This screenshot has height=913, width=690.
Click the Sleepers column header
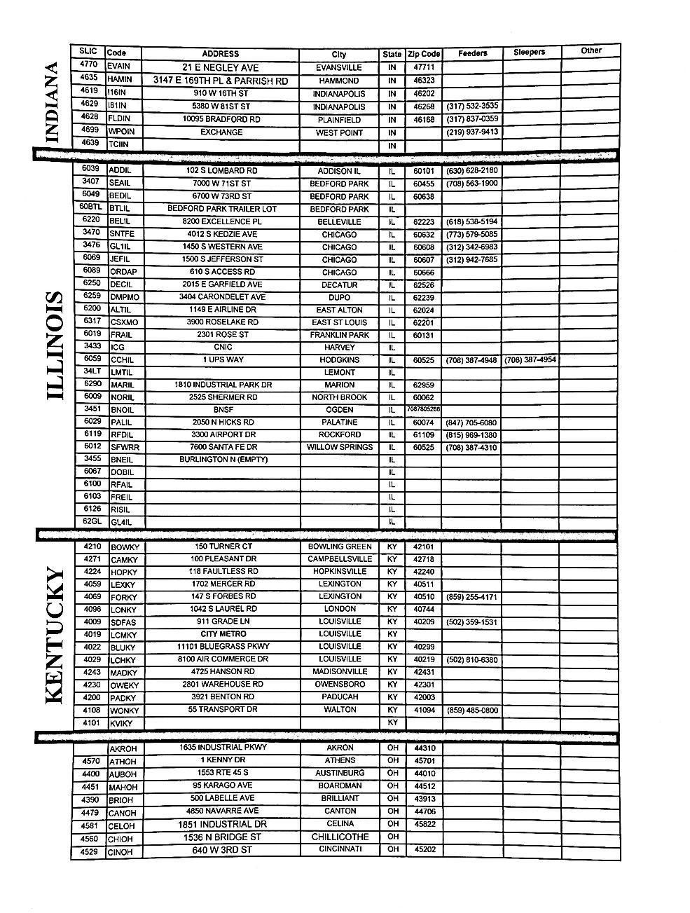click(x=529, y=53)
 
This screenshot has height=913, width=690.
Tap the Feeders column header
click(x=473, y=53)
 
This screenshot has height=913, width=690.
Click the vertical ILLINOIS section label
click(x=55, y=346)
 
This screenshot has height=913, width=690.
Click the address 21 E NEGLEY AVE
click(x=221, y=67)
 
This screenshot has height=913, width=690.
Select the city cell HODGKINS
click(x=340, y=359)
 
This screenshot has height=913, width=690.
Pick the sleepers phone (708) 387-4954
click(x=530, y=359)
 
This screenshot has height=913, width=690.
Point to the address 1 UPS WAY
click(x=221, y=359)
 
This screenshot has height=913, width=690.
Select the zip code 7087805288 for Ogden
click(x=424, y=409)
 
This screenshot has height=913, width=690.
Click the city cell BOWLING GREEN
click(x=340, y=547)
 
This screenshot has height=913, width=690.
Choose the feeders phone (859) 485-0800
click(x=472, y=711)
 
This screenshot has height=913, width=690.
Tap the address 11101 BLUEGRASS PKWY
click(x=221, y=647)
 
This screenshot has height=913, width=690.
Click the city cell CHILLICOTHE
click(x=340, y=837)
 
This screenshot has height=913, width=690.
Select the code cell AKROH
click(x=123, y=749)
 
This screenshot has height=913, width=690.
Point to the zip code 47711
click(x=424, y=67)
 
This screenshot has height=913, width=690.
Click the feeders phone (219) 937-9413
click(x=472, y=132)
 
